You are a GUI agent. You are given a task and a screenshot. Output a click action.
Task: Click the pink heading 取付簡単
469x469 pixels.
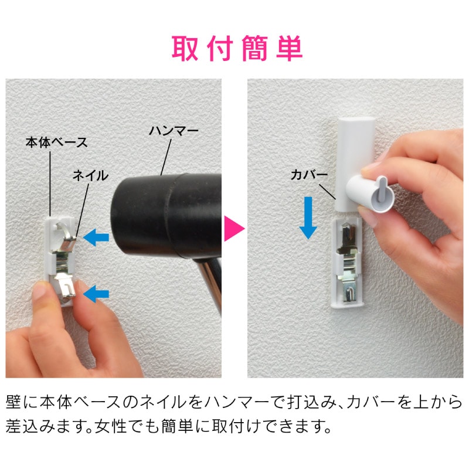(237, 48)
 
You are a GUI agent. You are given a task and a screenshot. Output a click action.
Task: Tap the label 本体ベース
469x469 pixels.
(56, 142)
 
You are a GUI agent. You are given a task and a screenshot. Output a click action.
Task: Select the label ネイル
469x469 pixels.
(90, 175)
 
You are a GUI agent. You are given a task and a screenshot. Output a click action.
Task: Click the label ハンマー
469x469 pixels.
(174, 131)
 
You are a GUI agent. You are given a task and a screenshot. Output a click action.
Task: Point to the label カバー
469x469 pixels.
(310, 174)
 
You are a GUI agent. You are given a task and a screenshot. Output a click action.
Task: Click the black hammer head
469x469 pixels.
(166, 215)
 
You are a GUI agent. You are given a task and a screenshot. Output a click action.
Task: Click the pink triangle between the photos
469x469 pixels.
(234, 229)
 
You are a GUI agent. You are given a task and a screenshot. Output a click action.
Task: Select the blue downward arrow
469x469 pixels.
(308, 217)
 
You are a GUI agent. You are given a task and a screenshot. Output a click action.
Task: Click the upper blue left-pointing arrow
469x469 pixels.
(96, 237)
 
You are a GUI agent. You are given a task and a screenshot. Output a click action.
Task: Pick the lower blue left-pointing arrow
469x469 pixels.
(96, 294)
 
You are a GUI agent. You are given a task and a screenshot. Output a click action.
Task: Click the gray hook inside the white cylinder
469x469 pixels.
(382, 188)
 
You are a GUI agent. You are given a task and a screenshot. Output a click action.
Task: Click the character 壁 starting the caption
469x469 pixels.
(13, 402)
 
